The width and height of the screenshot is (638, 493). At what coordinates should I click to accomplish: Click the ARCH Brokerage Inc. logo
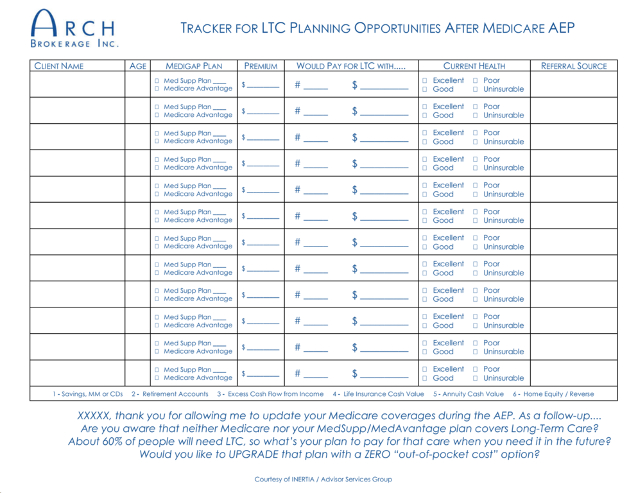[74, 29]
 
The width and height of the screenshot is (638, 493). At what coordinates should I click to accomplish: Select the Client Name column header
[58, 66]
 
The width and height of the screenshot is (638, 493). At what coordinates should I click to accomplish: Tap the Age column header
[138, 66]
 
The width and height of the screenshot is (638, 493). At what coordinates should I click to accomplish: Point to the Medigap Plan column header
[194, 66]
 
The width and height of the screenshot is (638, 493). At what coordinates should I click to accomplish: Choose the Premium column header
[261, 66]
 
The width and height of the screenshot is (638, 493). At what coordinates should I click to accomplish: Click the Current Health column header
[474, 66]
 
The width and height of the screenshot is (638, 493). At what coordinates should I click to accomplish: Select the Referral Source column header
[574, 66]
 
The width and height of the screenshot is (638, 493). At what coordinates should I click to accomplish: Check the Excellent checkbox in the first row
[424, 81]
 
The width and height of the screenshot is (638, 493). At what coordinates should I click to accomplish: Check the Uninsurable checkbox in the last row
[476, 379]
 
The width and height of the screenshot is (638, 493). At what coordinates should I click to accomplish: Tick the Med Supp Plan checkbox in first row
[157, 81]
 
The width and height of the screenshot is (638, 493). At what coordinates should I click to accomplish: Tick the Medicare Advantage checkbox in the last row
[157, 378]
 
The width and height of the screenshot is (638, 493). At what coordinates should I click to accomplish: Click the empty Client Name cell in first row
[77, 84]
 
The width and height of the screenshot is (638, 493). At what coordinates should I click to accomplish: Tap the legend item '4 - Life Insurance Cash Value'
[378, 394]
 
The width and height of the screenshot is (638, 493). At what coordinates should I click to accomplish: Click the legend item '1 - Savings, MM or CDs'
[87, 394]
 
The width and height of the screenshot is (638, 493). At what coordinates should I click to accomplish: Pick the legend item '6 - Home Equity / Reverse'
[553, 394]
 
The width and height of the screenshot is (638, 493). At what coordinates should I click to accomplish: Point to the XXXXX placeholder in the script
[94, 415]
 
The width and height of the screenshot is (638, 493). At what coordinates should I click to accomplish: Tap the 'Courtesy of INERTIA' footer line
[323, 480]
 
